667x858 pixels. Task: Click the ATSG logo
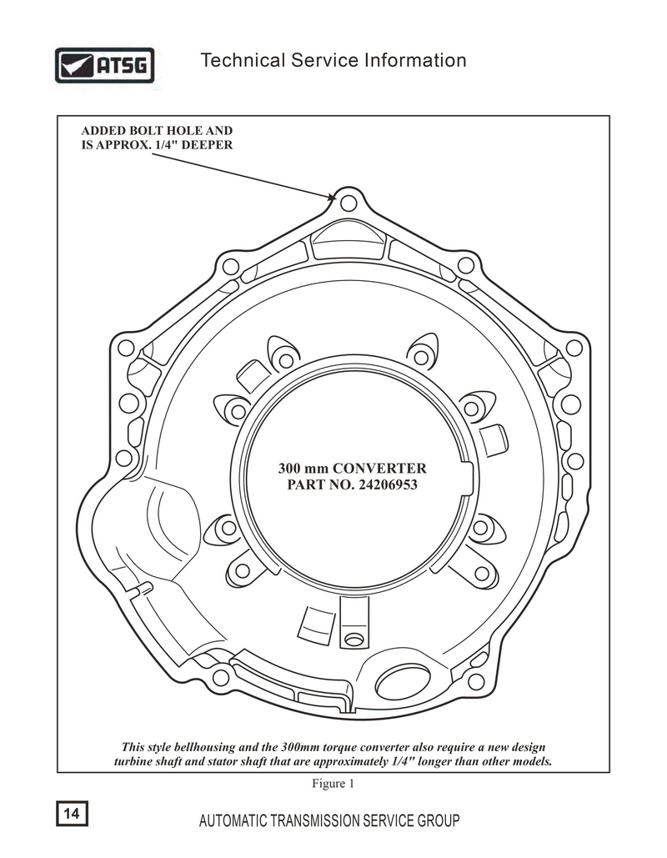[104, 66]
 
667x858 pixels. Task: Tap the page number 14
[72, 813]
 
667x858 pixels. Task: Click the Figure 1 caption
[333, 784]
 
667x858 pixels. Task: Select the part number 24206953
[388, 484]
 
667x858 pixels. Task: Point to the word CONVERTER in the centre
[379, 469]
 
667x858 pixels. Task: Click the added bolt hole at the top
[348, 203]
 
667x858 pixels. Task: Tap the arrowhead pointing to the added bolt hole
[330, 197]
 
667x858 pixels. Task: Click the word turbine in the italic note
[133, 762]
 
